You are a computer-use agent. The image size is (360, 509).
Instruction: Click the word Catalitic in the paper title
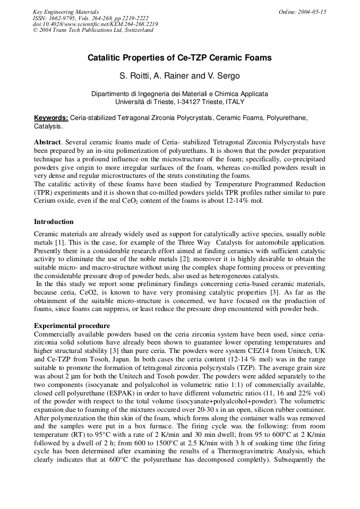tap(105, 58)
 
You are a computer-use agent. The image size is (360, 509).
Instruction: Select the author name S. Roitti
tap(134, 76)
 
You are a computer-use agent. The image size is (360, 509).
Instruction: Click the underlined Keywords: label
tap(51, 117)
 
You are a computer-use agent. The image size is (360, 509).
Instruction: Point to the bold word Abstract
tap(48, 142)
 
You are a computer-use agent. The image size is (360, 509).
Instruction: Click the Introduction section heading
tap(54, 222)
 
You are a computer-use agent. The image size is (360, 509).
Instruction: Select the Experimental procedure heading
tap(72, 325)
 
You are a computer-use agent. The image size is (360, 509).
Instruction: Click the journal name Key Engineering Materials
tap(65, 12)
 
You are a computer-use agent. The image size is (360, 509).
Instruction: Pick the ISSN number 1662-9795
tap(63, 18)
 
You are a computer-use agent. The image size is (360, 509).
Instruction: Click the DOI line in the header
tap(95, 24)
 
